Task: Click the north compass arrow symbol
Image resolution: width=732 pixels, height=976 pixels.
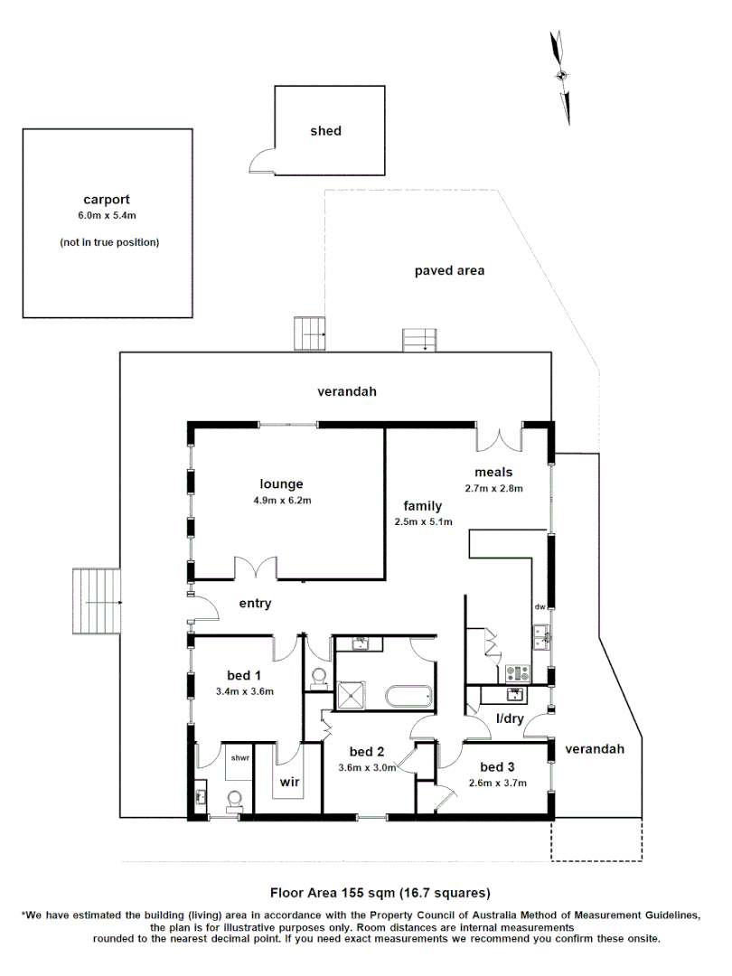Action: (x=561, y=77)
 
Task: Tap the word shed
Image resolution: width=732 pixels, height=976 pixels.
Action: (x=325, y=131)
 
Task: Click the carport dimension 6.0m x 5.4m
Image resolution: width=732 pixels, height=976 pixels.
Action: (x=107, y=216)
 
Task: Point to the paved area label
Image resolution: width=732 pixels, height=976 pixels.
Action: (x=449, y=270)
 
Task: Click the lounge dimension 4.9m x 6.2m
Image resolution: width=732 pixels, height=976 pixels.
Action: (x=281, y=500)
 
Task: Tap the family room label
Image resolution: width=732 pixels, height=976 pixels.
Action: (x=423, y=506)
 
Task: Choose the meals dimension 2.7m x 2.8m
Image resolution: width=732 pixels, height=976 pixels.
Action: (x=493, y=488)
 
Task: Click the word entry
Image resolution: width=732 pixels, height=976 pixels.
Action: (x=255, y=604)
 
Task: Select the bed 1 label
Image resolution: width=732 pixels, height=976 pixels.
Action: (x=244, y=675)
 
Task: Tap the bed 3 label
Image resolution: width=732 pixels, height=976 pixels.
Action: (x=497, y=766)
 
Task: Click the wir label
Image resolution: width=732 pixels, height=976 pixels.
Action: (x=288, y=782)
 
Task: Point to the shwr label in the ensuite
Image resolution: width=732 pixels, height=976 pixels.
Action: (x=239, y=757)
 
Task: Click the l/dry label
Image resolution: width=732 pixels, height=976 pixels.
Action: (x=510, y=719)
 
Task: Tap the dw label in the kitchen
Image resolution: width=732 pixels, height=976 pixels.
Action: (x=540, y=607)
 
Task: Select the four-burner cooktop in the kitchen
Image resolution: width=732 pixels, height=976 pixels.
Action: (x=520, y=672)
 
